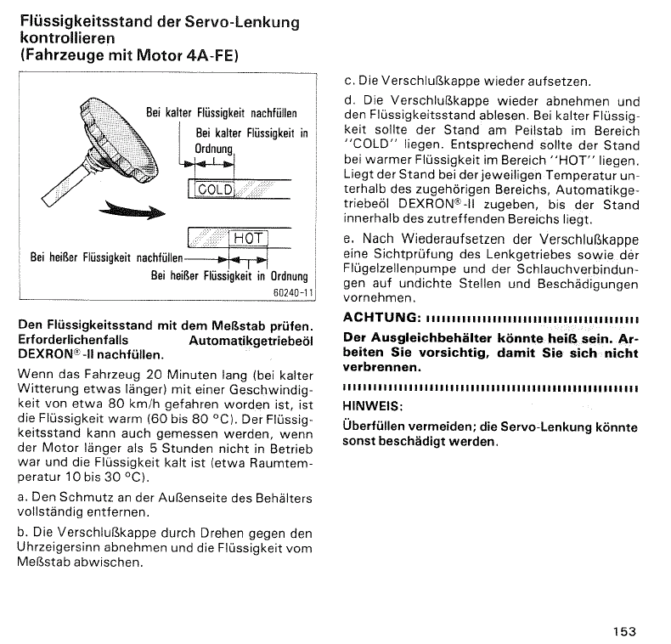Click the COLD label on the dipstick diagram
coord(214,189)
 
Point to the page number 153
coord(623,630)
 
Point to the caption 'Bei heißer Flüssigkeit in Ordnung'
coord(229,276)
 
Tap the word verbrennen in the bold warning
coord(383,368)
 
